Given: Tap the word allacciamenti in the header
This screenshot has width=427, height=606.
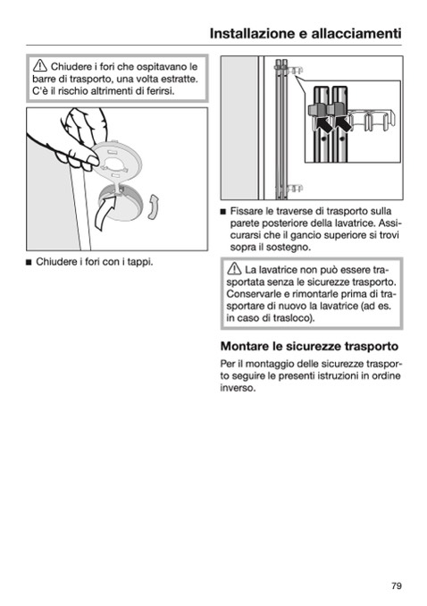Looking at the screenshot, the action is pos(356,34).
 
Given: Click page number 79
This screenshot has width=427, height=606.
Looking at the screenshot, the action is pos(397,586).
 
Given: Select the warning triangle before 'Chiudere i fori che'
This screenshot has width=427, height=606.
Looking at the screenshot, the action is pos(40,66).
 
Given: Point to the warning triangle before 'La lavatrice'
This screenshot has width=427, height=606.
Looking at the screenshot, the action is pos(234,269).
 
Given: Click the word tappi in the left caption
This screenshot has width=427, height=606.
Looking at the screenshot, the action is pos(140,263).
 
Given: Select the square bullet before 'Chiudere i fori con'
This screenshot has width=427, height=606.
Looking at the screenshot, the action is pos(29,263).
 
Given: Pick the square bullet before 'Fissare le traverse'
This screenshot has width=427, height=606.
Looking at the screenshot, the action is pos(222,212).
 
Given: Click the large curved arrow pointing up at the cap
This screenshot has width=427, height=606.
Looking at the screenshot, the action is pos(105,212).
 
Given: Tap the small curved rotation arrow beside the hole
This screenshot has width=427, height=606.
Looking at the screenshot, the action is pos(153,207).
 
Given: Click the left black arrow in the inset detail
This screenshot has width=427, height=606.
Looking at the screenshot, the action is pos(322,127).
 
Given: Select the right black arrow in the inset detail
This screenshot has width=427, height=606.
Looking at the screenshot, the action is pos(343,124).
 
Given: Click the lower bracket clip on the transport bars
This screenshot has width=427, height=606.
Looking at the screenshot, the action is pos(292,189).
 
